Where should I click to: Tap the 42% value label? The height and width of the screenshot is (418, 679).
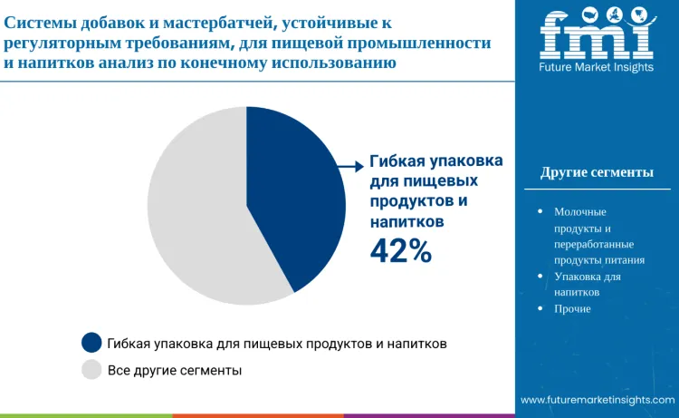(x=400, y=251)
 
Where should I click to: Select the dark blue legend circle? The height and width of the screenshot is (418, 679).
(x=91, y=343)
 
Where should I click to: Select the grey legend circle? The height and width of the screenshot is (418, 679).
(x=91, y=370)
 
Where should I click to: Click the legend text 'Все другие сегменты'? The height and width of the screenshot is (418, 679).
(x=175, y=370)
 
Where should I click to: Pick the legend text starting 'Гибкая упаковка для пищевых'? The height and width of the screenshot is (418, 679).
(x=277, y=344)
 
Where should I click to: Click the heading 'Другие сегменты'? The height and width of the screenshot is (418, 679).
(x=597, y=172)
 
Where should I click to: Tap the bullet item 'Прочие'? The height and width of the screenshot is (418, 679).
(x=572, y=308)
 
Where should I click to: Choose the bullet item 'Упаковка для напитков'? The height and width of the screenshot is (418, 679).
(x=587, y=284)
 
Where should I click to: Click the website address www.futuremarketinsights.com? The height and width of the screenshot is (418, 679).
(x=598, y=399)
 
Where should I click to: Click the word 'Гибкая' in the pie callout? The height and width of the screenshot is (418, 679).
(x=396, y=162)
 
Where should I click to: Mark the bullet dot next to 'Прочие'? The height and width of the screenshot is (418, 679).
(x=540, y=308)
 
